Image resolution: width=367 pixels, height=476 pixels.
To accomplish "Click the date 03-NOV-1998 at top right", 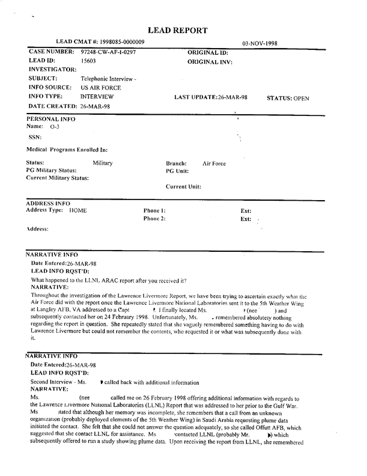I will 264,44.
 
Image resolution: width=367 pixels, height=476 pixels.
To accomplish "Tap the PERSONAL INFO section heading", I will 51,119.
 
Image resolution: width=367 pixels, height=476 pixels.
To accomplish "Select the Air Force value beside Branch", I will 214,163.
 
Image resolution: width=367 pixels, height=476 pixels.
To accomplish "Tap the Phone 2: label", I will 154,219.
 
